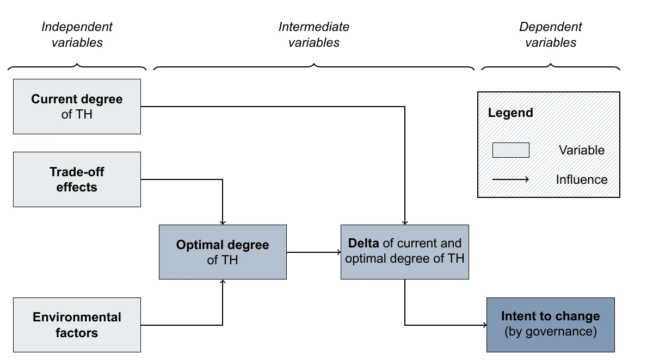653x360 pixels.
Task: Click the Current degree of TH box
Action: pyautogui.click(x=77, y=107)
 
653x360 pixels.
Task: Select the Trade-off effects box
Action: pyautogui.click(x=77, y=179)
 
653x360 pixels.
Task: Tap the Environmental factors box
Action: pyautogui.click(x=77, y=325)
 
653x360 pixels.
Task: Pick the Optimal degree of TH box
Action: pyautogui.click(x=223, y=252)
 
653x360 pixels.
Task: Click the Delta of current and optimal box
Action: pyautogui.click(x=404, y=252)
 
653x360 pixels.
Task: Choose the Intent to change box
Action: pyautogui.click(x=550, y=325)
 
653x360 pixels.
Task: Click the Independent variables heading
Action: pyautogui.click(x=77, y=34)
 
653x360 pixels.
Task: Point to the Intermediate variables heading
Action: pyautogui.click(x=314, y=34)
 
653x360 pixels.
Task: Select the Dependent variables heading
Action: pyautogui.click(x=550, y=34)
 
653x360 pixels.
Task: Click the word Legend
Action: pyautogui.click(x=510, y=113)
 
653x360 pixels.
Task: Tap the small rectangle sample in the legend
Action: pyautogui.click(x=510, y=150)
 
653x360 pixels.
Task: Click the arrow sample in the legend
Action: pyautogui.click(x=510, y=179)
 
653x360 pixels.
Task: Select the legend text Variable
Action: pyautogui.click(x=581, y=150)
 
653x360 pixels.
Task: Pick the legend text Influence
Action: pyautogui.click(x=581, y=179)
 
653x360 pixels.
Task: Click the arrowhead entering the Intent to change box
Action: pyautogui.click(x=483, y=325)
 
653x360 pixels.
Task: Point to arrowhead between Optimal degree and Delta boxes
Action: pyautogui.click(x=337, y=252)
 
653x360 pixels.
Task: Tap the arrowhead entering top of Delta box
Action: pyautogui.click(x=405, y=222)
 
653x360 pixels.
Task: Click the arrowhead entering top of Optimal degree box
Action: pyautogui.click(x=223, y=222)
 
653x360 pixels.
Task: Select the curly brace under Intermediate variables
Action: pyautogui.click(x=314, y=67)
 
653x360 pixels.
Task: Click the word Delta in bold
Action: pyautogui.click(x=364, y=243)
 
